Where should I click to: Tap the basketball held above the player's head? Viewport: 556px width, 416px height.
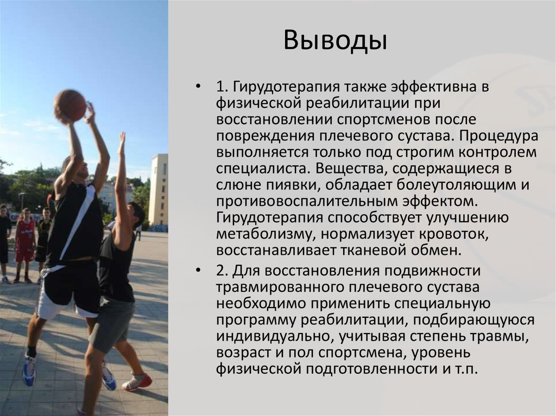pyautogui.click(x=70, y=105)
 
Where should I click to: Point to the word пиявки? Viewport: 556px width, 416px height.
pyautogui.click(x=292, y=185)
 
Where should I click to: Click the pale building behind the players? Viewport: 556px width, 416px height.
pyautogui.click(x=159, y=190)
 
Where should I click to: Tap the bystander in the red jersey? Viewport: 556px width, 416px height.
pyautogui.click(x=25, y=241)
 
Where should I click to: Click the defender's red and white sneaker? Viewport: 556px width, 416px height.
pyautogui.click(x=137, y=381)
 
